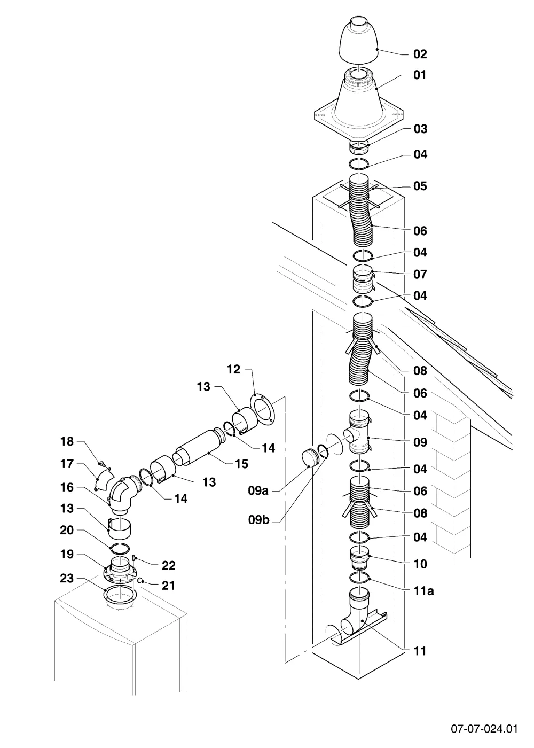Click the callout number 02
(420, 54)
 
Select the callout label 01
(420, 75)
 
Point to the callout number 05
(420, 186)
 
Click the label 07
(420, 274)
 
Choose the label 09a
(258, 490)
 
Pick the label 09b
(258, 519)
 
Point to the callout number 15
(241, 464)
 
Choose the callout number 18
(67, 441)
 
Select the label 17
(67, 464)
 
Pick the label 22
(169, 565)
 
